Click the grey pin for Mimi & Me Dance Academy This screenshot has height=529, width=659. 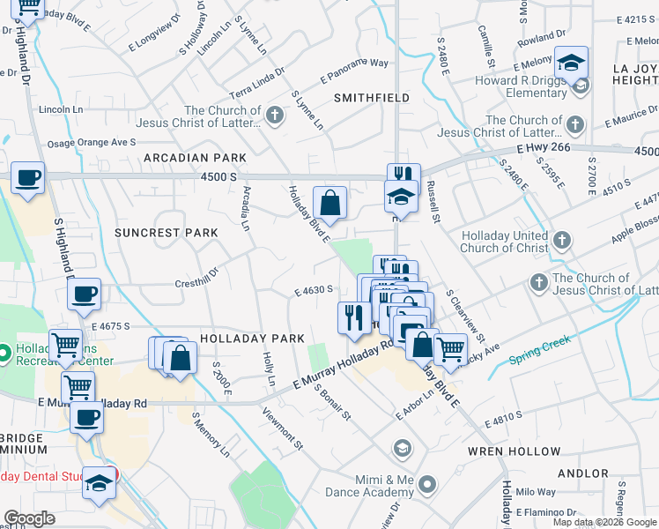point(428,484)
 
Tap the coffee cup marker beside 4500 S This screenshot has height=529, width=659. point(27,177)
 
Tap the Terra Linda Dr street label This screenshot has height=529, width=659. point(257,79)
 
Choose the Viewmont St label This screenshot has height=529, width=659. point(282,428)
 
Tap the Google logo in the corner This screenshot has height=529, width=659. point(29,519)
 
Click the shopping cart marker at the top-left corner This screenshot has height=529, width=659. point(28,7)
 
